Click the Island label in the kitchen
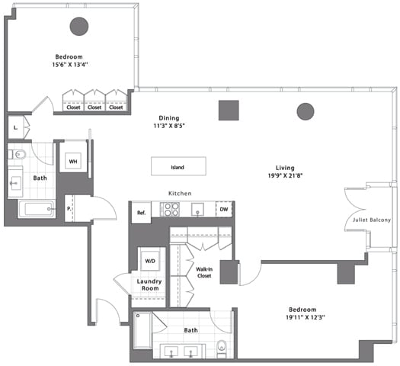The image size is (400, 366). [x=178, y=166]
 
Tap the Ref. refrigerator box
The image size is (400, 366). [x=141, y=213]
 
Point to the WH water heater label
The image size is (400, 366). [x=73, y=162]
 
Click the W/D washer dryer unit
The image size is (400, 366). [x=150, y=262]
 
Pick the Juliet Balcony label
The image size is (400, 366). [x=372, y=220]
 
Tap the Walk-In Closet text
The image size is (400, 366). [x=204, y=273]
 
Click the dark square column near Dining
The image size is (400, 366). [x=228, y=110]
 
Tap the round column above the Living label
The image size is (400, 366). [x=306, y=111]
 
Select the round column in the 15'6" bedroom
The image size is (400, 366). [x=79, y=27]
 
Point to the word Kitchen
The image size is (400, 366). [x=180, y=194]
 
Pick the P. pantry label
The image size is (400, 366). [x=70, y=208]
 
